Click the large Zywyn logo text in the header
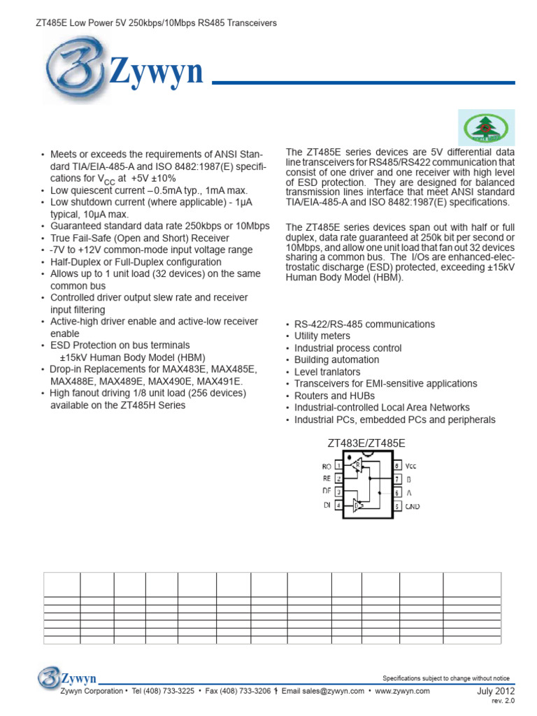point(155,72)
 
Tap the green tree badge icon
point(487,127)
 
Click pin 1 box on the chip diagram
point(339,465)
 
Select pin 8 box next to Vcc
point(396,465)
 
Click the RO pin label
point(327,465)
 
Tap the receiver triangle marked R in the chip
point(357,464)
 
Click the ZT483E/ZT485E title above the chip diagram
point(366,443)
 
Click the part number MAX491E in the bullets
point(220,381)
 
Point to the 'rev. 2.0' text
point(502,701)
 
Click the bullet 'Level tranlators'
point(327,372)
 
